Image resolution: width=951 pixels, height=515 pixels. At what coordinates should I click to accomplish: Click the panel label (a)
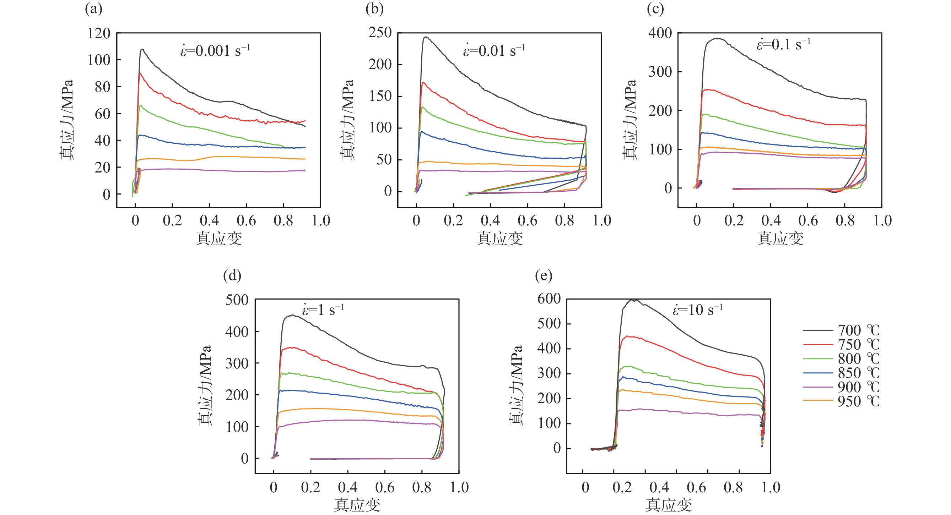coord(93,9)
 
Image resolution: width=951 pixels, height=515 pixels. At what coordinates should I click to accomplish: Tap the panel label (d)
coord(232,275)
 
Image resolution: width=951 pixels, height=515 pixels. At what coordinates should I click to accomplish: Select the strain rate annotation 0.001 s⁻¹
coord(215,50)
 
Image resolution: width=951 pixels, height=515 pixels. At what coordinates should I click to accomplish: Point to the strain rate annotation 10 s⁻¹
coord(697,310)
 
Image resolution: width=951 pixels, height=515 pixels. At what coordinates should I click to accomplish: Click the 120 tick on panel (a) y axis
coord(98,34)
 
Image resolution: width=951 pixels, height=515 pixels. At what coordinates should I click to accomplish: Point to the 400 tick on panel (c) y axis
coord(660,33)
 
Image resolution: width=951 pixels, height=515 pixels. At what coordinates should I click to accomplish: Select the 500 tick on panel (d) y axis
coord(237,300)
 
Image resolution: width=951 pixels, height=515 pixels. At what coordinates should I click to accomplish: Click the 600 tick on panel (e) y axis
coord(549,299)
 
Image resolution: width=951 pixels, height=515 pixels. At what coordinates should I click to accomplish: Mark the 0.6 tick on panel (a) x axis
coord(246,221)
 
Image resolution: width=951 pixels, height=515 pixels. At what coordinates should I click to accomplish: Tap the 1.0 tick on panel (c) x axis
coord(882,221)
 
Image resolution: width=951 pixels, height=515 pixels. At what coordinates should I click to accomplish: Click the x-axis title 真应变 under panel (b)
coord(499,239)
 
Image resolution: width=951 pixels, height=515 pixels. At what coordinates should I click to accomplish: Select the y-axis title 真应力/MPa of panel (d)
coord(205,386)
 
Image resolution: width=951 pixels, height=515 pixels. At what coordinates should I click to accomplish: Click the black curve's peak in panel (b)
coord(426,37)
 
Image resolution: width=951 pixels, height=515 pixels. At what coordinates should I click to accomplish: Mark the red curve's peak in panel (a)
coord(140,73)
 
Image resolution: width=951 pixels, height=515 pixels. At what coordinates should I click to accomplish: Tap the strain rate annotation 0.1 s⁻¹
coord(783,45)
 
